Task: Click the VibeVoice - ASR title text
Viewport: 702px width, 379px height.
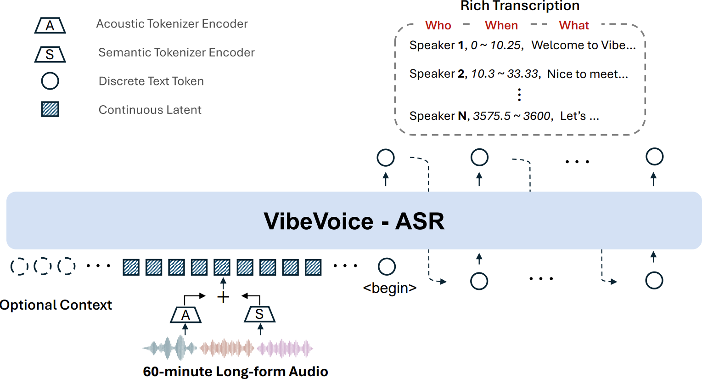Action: coord(354,221)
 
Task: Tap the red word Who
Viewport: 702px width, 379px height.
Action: coord(438,26)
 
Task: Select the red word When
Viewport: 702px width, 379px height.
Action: coord(501,26)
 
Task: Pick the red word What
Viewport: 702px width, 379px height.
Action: coord(574,26)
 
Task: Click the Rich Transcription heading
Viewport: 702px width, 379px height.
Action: coord(520,6)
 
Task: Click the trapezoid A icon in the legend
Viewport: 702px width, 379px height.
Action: coord(50,26)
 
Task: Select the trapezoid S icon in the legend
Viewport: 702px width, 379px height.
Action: coord(50,55)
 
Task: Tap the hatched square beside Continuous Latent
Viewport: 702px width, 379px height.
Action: coord(50,109)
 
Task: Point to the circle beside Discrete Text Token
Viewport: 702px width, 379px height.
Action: coord(50,81)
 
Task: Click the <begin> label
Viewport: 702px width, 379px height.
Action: coord(389,288)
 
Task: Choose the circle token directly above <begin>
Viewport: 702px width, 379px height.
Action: coord(387,266)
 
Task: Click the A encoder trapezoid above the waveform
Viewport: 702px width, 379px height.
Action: coord(185,315)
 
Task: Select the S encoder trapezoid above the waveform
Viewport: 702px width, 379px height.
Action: coord(259,314)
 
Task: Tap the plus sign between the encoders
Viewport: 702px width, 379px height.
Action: coord(223,297)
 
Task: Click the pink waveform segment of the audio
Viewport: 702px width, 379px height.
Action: coord(285,349)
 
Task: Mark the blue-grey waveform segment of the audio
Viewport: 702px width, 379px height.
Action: coord(170,348)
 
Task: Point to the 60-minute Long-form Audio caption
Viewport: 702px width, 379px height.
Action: coord(235,371)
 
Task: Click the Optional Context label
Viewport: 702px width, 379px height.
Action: coord(56,305)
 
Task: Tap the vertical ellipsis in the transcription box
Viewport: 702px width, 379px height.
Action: coord(519,95)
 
